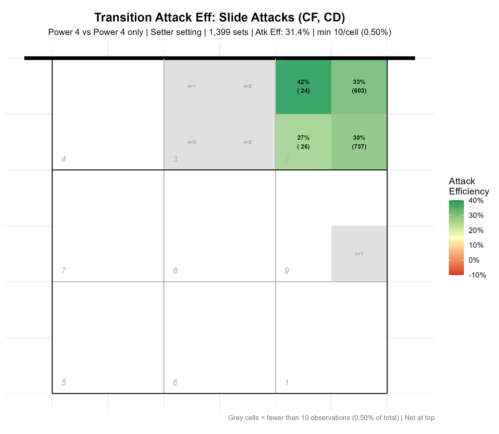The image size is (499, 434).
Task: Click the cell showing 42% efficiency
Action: (x=303, y=86)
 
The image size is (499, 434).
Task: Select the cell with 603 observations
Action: (x=359, y=86)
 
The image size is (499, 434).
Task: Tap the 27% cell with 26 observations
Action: (x=303, y=142)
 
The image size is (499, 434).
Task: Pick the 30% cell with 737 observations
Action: (x=359, y=142)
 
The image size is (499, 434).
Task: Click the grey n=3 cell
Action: (x=192, y=142)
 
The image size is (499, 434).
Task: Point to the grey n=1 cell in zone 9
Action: (x=359, y=254)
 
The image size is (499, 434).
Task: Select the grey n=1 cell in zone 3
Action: (x=192, y=86)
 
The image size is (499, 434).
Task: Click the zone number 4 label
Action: (x=63, y=159)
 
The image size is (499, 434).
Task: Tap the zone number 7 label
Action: (x=63, y=271)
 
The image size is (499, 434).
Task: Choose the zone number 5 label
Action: (x=63, y=383)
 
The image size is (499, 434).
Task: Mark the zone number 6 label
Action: (x=175, y=383)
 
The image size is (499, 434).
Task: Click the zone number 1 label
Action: (x=287, y=383)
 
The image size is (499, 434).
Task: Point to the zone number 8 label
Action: (x=175, y=271)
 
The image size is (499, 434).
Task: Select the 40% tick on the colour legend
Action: (x=476, y=201)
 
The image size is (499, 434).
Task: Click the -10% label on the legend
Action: (x=477, y=275)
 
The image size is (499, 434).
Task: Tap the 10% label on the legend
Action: (x=476, y=245)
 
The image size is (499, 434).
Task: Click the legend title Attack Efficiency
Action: (x=468, y=186)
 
